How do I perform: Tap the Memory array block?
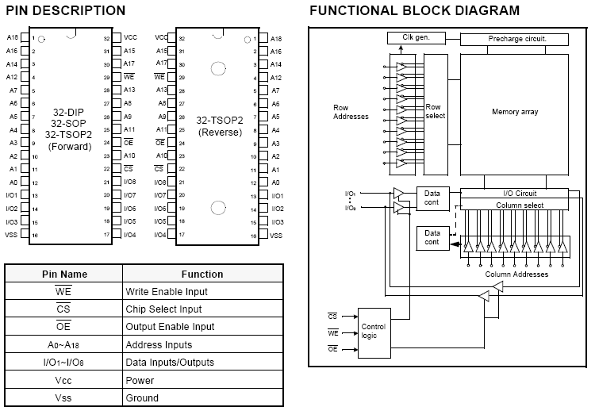[x=514, y=112]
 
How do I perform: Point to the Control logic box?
[x=374, y=330]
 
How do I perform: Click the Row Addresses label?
[x=351, y=112]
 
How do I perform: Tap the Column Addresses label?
[x=516, y=275]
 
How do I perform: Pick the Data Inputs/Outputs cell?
[x=169, y=363]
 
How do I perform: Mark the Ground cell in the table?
[x=142, y=398]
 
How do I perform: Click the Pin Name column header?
[x=64, y=274]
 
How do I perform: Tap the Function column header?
[x=202, y=274]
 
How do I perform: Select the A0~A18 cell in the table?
[x=64, y=345]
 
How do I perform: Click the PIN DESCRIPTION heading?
[x=66, y=10]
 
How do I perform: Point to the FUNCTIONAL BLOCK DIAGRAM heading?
[x=415, y=10]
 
